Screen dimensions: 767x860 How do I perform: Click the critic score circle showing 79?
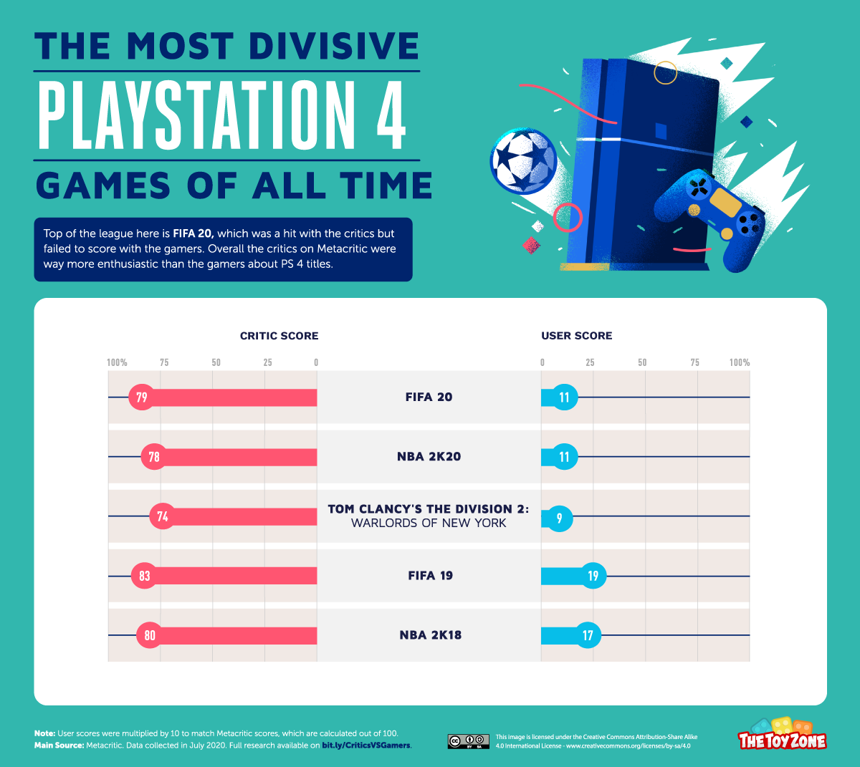(141, 397)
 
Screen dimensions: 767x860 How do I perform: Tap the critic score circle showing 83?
(145, 576)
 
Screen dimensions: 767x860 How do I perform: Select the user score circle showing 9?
(560, 517)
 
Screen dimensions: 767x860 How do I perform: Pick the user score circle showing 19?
(593, 576)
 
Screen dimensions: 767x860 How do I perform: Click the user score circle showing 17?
(588, 635)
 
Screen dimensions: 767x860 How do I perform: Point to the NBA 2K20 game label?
(429, 457)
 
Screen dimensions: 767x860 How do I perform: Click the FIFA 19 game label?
(430, 576)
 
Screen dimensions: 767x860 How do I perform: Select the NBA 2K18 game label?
(430, 635)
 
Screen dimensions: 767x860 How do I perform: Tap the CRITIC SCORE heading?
(279, 336)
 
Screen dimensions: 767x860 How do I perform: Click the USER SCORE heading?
(576, 336)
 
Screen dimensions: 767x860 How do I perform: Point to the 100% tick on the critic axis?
(117, 362)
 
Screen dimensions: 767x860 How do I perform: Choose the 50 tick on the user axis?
(642, 362)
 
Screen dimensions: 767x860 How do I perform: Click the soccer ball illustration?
(524, 160)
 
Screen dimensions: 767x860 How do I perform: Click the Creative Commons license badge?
(469, 741)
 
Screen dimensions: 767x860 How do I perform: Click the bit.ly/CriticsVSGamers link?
(366, 746)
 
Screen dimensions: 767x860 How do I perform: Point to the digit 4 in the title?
(391, 115)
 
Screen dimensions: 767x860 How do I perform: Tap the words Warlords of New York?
(429, 524)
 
